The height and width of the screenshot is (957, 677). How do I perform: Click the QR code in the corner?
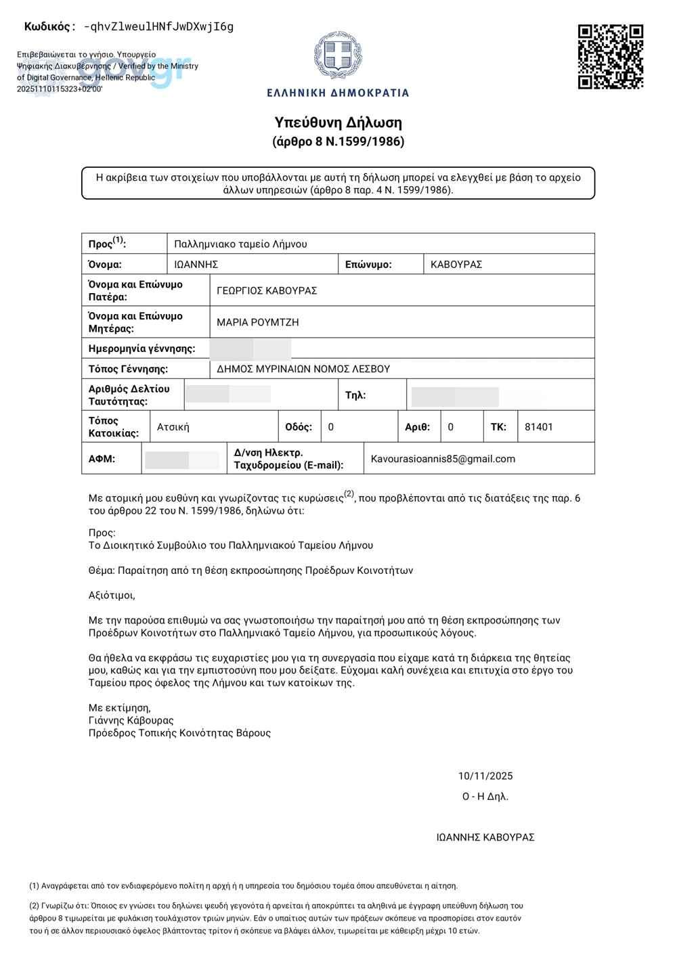pyautogui.click(x=610, y=57)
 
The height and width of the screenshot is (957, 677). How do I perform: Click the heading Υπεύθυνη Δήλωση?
pyautogui.click(x=338, y=123)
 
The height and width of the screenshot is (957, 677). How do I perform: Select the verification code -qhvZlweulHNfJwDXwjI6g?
pyautogui.click(x=158, y=27)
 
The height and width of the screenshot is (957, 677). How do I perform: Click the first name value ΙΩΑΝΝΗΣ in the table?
pyautogui.click(x=196, y=265)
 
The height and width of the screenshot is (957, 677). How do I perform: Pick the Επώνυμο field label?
pyautogui.click(x=368, y=265)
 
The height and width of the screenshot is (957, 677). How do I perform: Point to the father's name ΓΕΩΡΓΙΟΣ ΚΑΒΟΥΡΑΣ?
pyautogui.click(x=267, y=290)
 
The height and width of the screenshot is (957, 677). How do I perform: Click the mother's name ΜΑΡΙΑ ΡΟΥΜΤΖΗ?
pyautogui.click(x=257, y=322)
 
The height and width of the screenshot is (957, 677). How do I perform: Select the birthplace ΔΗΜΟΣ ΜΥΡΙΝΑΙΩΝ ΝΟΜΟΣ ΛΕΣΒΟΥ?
pyautogui.click(x=303, y=369)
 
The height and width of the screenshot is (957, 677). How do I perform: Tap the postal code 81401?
pyautogui.click(x=539, y=427)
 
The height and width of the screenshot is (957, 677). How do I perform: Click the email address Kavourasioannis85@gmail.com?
pyautogui.click(x=443, y=459)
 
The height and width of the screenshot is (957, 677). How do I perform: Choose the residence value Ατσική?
pyautogui.click(x=173, y=427)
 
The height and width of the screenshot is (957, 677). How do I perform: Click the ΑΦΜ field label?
pyautogui.click(x=102, y=459)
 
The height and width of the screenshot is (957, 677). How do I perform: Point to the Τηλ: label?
pyautogui.click(x=355, y=395)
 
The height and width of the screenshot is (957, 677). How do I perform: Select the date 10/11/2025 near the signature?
pyautogui.click(x=485, y=776)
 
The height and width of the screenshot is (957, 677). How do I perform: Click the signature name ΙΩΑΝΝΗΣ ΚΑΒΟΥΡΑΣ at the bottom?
pyautogui.click(x=485, y=837)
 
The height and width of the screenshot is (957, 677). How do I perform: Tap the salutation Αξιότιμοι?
pyautogui.click(x=112, y=596)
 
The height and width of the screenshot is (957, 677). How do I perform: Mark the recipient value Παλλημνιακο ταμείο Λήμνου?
pyautogui.click(x=240, y=244)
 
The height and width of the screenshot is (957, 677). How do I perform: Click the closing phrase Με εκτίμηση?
pyautogui.click(x=119, y=708)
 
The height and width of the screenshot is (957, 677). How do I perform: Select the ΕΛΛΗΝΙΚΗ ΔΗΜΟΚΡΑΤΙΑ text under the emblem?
pyautogui.click(x=338, y=93)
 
